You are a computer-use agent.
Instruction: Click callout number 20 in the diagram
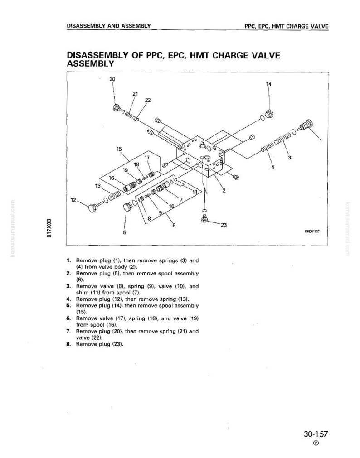(x=112, y=79)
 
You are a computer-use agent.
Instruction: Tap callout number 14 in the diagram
(x=269, y=84)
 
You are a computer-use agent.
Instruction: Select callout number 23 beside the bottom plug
(x=224, y=225)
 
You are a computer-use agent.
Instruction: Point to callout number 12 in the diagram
(x=74, y=200)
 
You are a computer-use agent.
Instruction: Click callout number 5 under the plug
(x=125, y=232)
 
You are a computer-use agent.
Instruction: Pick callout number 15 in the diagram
(x=119, y=149)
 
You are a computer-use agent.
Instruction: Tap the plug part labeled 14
(x=270, y=114)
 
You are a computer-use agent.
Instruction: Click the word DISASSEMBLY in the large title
(x=97, y=56)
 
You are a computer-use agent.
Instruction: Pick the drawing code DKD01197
(x=313, y=231)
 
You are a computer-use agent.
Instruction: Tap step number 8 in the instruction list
(x=68, y=344)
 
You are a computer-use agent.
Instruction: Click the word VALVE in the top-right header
(x=320, y=26)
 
